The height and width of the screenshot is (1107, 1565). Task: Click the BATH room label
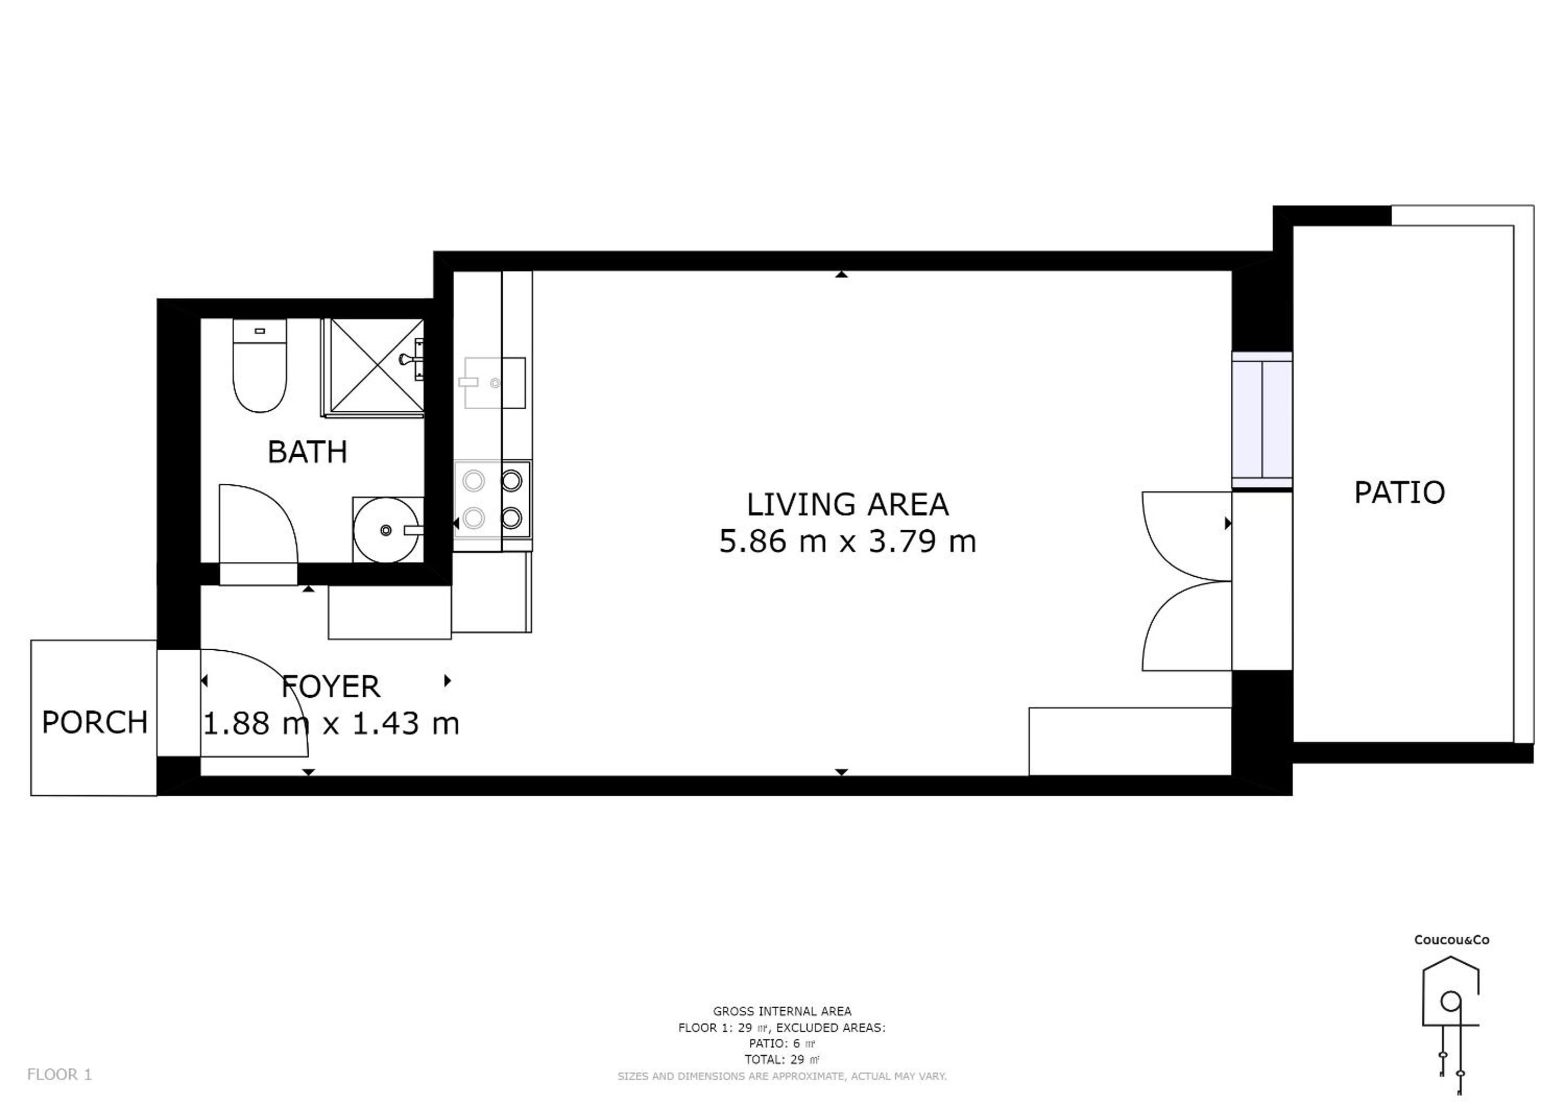(x=308, y=452)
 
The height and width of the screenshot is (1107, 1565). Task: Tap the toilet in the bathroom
(x=259, y=365)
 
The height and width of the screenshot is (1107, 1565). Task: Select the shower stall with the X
(x=373, y=368)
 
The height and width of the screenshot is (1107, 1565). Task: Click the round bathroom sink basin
(x=387, y=530)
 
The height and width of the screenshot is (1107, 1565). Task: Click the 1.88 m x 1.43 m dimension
(x=331, y=723)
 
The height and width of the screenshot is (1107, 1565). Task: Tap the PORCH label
(x=95, y=722)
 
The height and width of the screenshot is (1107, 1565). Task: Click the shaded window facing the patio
(x=1262, y=420)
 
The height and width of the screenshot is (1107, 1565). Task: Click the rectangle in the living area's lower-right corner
(x=1130, y=742)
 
